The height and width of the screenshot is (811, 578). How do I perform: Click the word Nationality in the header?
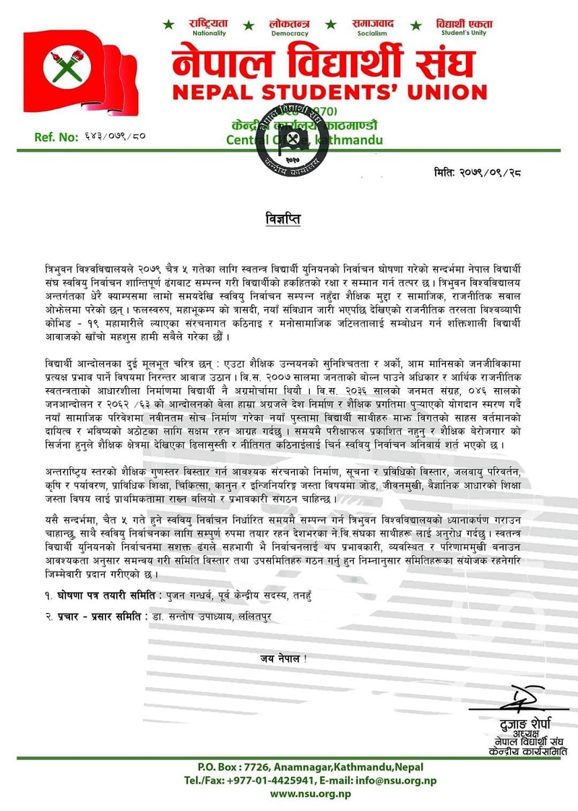(210, 33)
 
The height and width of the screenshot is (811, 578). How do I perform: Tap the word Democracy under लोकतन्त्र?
(289, 33)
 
